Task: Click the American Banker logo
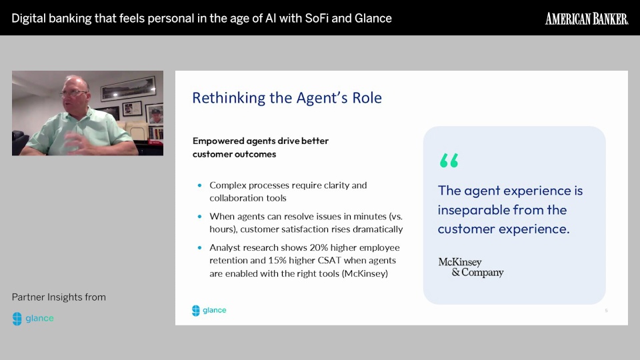[587, 19]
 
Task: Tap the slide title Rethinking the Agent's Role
[287, 98]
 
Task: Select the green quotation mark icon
[449, 161]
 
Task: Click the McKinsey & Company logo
[471, 267]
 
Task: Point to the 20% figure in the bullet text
[319, 248]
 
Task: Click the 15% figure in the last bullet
[277, 261]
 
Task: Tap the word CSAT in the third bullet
[329, 261]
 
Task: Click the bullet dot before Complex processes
[199, 185]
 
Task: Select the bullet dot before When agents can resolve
[199, 216]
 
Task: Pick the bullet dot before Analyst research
[199, 248]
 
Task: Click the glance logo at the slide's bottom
[209, 310]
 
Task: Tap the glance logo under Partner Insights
[33, 319]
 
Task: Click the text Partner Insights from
[59, 297]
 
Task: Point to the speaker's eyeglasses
[73, 93]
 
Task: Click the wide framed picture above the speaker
[128, 88]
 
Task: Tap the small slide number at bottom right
[606, 311]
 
